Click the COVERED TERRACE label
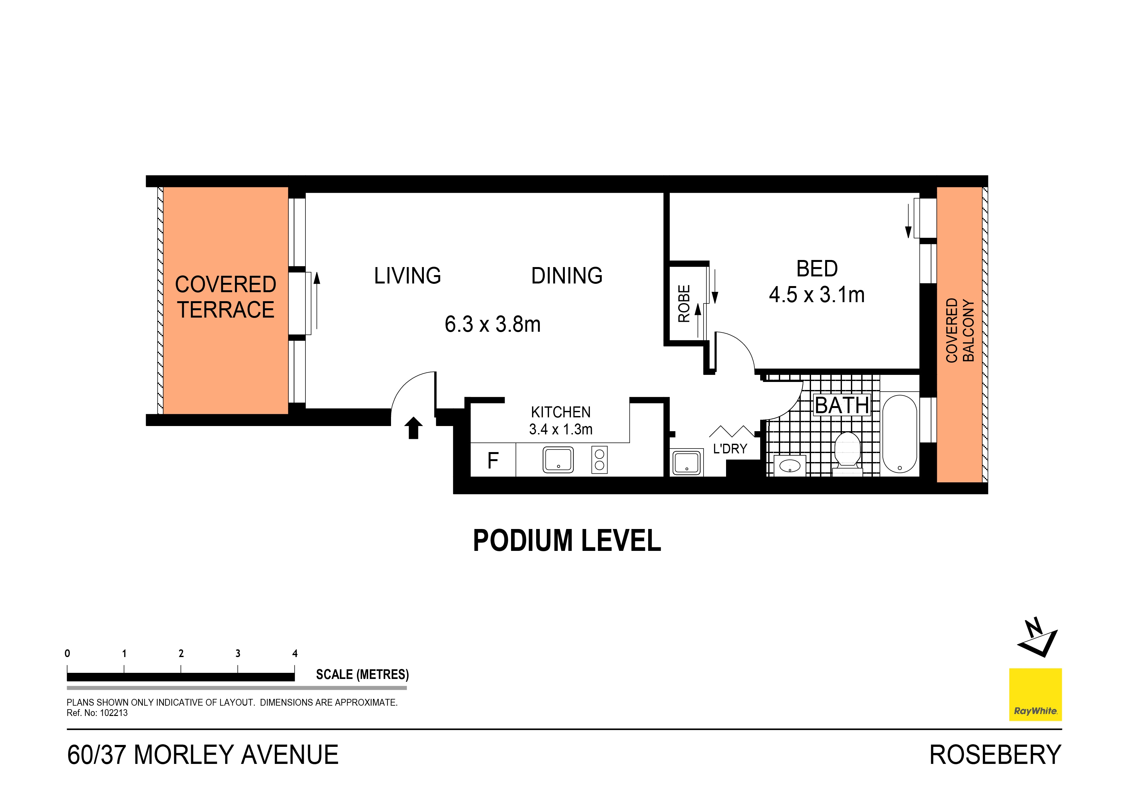point(225,297)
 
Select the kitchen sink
point(558,460)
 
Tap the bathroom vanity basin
point(790,465)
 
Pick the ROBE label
point(684,303)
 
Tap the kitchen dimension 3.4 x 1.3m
point(561,429)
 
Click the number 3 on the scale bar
point(238,654)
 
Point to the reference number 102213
point(114,713)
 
